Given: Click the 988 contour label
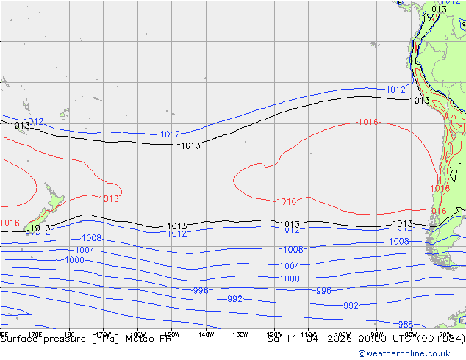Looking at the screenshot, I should (x=405, y=324).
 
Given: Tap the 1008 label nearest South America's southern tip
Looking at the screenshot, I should (x=399, y=241).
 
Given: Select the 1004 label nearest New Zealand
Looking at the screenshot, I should (x=85, y=251).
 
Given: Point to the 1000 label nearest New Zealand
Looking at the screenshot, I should (x=74, y=260).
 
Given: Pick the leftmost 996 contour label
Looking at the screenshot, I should (x=201, y=291).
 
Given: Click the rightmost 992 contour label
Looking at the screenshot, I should (x=351, y=305).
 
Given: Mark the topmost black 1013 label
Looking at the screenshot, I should (x=437, y=10).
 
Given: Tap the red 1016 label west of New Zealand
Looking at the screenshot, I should (x=10, y=223).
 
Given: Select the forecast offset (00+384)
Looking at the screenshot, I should (x=439, y=339).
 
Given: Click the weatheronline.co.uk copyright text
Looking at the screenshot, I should (x=411, y=353).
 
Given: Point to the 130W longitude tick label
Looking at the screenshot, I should (x=240, y=334).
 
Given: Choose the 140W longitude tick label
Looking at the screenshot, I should (x=205, y=334).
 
